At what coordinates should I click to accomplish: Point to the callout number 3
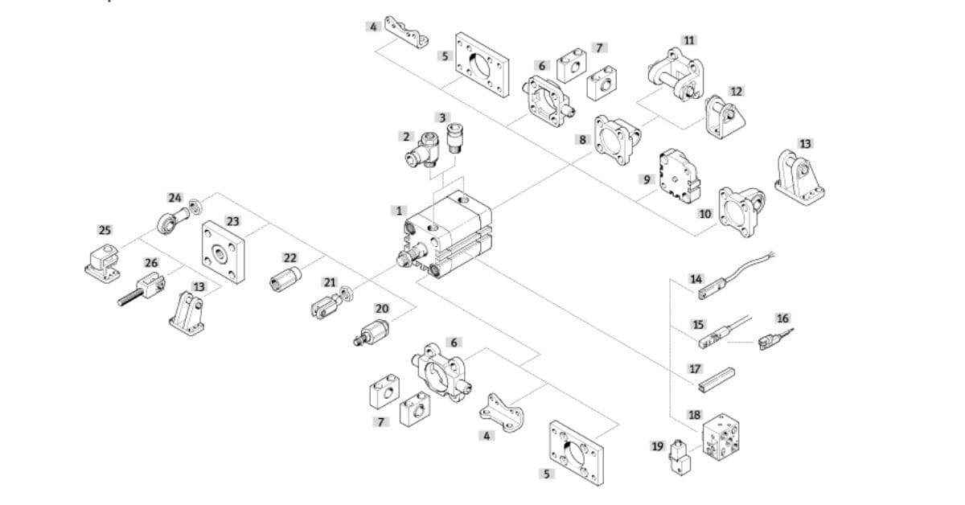tap(441, 117)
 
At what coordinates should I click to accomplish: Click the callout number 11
tap(689, 40)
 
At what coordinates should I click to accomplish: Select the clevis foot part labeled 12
tap(725, 117)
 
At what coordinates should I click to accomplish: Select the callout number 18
tap(694, 415)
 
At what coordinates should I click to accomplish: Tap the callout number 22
tap(290, 258)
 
